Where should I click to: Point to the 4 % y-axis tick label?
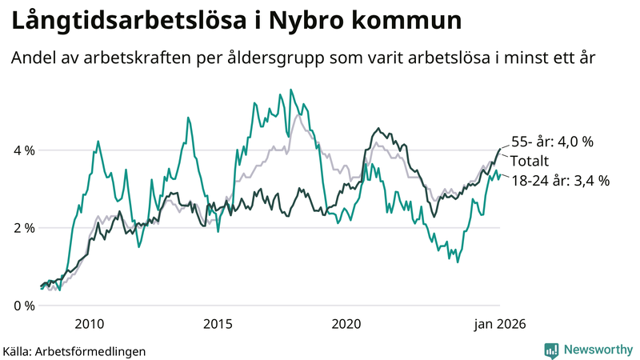pyautogui.click(x=24, y=150)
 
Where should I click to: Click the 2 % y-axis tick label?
pyautogui.click(x=24, y=228)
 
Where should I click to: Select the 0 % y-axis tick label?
pyautogui.click(x=24, y=306)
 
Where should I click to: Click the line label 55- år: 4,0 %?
pyautogui.click(x=552, y=142)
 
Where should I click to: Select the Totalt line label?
pyautogui.click(x=530, y=161)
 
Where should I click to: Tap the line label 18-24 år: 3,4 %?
pyautogui.click(x=560, y=181)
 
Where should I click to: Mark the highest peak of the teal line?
pyautogui.click(x=290, y=90)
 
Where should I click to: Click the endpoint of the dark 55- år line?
pyautogui.click(x=500, y=149)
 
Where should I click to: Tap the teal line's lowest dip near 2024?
pyautogui.click(x=457, y=262)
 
